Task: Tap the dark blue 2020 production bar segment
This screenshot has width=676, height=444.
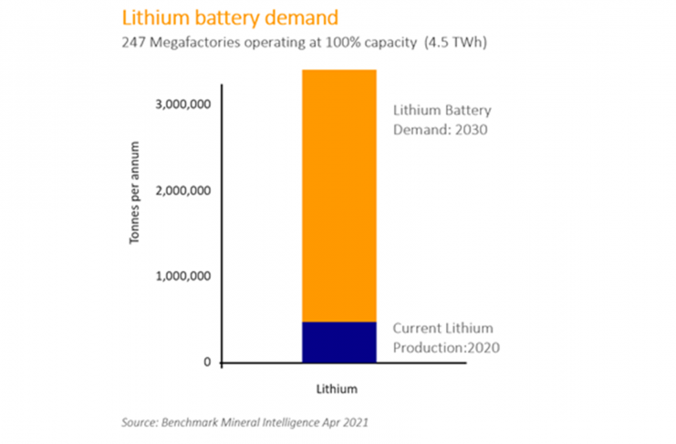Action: click(338, 342)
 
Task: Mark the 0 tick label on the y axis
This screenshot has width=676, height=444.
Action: click(207, 363)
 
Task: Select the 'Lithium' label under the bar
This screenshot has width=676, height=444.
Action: click(338, 388)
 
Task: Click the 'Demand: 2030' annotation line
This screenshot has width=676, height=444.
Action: click(442, 130)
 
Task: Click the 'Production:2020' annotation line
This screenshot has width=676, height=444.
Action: click(446, 348)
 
